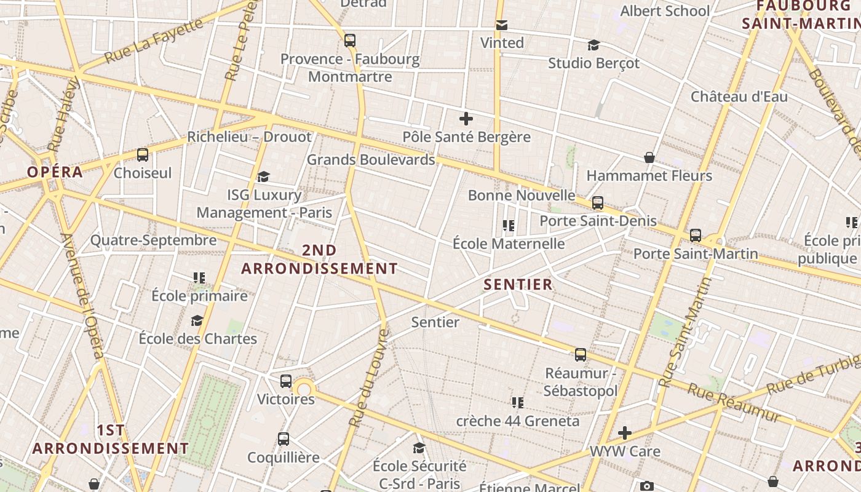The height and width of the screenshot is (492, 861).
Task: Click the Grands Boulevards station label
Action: click(x=371, y=160)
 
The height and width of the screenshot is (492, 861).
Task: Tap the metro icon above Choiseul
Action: click(x=143, y=155)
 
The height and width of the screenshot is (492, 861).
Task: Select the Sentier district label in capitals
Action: click(x=518, y=285)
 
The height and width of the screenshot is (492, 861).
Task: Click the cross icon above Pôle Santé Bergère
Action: click(x=466, y=119)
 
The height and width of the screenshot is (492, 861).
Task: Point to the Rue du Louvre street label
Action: click(x=369, y=378)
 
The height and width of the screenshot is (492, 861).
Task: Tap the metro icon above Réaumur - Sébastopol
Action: click(x=581, y=355)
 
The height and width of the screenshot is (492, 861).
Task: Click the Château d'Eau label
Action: click(x=739, y=97)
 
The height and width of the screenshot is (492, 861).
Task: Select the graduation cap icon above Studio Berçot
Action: click(x=593, y=46)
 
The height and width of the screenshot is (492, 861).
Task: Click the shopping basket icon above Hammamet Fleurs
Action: click(x=649, y=158)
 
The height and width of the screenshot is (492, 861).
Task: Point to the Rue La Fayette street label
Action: click(x=154, y=41)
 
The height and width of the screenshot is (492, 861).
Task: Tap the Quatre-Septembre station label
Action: click(x=154, y=240)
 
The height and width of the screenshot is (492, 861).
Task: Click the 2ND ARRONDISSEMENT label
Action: click(x=319, y=260)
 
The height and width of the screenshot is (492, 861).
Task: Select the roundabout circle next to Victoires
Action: click(x=304, y=389)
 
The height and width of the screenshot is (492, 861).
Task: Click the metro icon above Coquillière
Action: click(x=283, y=439)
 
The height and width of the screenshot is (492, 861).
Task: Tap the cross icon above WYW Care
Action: click(x=625, y=433)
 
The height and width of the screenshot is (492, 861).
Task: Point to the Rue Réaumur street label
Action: click(x=734, y=403)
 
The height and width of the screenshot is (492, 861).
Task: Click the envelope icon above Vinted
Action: click(x=502, y=25)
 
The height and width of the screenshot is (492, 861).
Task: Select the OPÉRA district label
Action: click(x=55, y=172)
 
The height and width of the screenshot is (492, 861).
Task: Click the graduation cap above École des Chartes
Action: click(x=197, y=321)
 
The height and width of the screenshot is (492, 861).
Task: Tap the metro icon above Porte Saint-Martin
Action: click(x=696, y=236)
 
